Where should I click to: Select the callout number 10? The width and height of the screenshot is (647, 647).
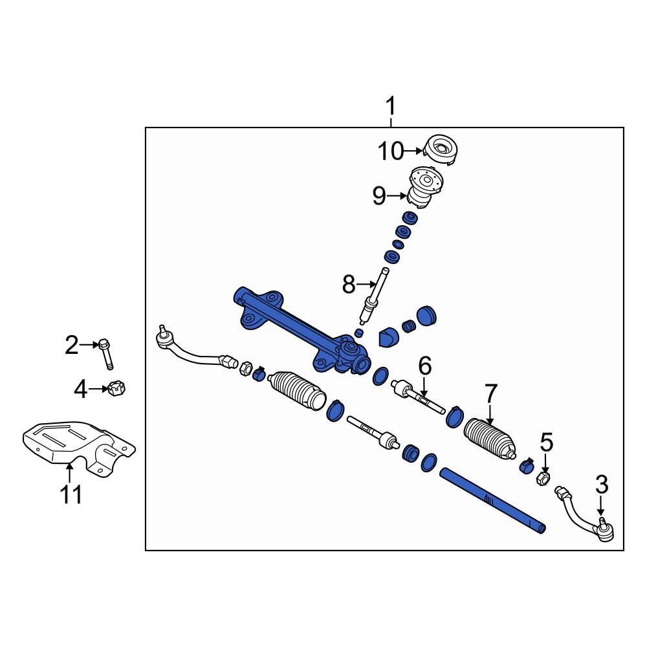(390, 152)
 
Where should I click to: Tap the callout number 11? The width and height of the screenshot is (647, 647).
(71, 494)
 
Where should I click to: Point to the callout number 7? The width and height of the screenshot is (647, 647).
(490, 393)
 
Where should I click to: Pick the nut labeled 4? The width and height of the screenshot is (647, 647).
(117, 389)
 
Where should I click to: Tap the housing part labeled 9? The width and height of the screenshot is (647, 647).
(424, 188)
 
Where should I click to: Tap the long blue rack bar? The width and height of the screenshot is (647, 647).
(492, 501)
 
